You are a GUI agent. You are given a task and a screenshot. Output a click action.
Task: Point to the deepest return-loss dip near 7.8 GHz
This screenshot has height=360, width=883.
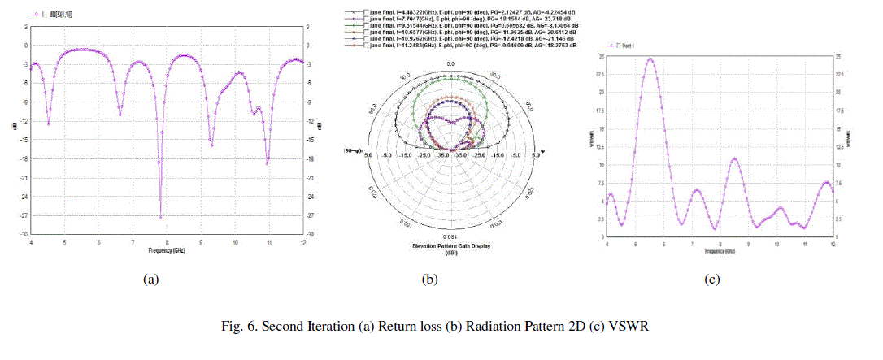pyautogui.click(x=160, y=217)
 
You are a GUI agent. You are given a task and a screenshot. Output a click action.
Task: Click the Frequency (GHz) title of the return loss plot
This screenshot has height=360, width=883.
pyautogui.click(x=166, y=249)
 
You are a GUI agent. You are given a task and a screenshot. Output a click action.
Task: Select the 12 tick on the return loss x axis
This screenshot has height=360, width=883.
pyautogui.click(x=303, y=241)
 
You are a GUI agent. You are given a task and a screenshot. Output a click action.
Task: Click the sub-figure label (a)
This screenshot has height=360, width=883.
pyautogui.click(x=150, y=280)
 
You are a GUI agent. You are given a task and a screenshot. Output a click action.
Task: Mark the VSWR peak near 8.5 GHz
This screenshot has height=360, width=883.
pyautogui.click(x=734, y=158)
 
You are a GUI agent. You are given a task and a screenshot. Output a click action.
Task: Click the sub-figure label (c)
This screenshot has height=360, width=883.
pyautogui.click(x=711, y=280)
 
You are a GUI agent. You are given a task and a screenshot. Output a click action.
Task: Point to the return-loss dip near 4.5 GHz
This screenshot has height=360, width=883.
pyautogui.click(x=48, y=124)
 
